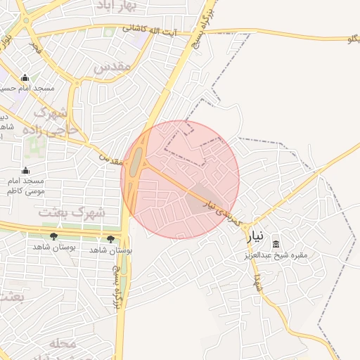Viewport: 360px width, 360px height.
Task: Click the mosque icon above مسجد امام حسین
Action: click(x=26, y=78)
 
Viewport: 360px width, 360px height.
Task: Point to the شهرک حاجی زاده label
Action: click(x=51, y=121)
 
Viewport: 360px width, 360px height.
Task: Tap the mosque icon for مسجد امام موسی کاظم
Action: click(x=26, y=170)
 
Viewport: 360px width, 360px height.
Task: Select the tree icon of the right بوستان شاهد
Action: click(x=110, y=239)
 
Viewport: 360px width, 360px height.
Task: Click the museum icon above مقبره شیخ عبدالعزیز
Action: click(x=276, y=243)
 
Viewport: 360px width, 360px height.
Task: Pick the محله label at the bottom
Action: click(x=63, y=343)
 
